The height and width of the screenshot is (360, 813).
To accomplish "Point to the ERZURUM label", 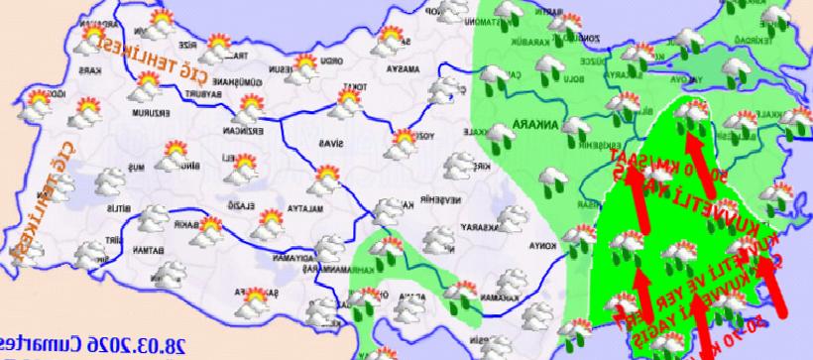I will (x=158, y=110).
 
